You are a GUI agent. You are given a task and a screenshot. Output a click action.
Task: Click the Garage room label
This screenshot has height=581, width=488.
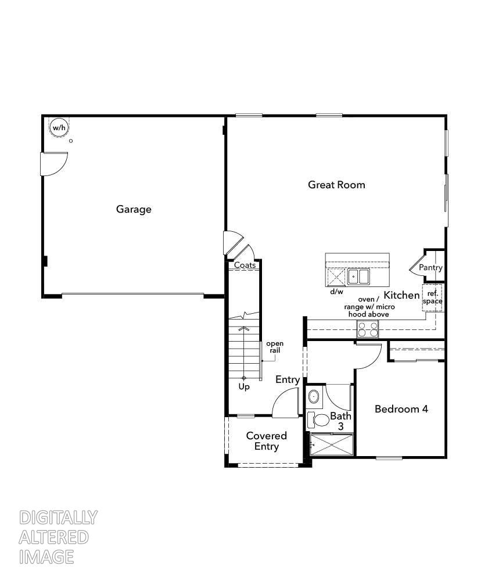pos(134,209)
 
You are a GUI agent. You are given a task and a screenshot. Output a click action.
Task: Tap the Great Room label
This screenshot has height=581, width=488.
pos(336,185)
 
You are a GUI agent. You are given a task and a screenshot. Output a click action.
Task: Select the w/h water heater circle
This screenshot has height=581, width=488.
pos(58,127)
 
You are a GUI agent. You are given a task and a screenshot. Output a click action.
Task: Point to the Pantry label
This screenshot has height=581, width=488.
pos(430,268)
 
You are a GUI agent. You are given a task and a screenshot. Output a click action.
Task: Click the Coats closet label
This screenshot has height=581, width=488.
pos(245,265)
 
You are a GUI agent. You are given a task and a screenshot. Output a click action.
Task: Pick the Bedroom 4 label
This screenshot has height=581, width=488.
pos(401,409)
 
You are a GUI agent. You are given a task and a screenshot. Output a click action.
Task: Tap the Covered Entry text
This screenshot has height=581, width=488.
pos(266,441)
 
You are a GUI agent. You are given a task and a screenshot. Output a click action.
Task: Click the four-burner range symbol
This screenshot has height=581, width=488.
pos(367,329)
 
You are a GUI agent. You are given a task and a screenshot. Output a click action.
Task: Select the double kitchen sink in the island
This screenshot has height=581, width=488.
pos(358,277)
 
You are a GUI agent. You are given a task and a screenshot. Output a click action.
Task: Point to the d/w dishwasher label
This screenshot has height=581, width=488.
pos(336,292)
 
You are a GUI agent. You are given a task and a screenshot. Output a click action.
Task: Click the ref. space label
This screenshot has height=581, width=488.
pos(432,297)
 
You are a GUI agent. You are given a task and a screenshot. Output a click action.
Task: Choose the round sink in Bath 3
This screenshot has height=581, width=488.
pos(314,397)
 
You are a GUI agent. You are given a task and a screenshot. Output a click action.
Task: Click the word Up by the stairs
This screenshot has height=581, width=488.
pos(244,387)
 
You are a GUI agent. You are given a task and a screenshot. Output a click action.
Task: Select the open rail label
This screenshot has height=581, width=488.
pos(275,347)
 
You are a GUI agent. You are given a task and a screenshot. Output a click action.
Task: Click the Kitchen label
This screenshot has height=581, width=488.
pos(401,295)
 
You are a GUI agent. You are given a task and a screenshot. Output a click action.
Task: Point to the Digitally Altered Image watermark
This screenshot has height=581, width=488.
pos(58,537)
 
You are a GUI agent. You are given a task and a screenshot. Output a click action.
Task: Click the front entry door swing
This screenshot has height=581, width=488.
pos(286,404)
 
